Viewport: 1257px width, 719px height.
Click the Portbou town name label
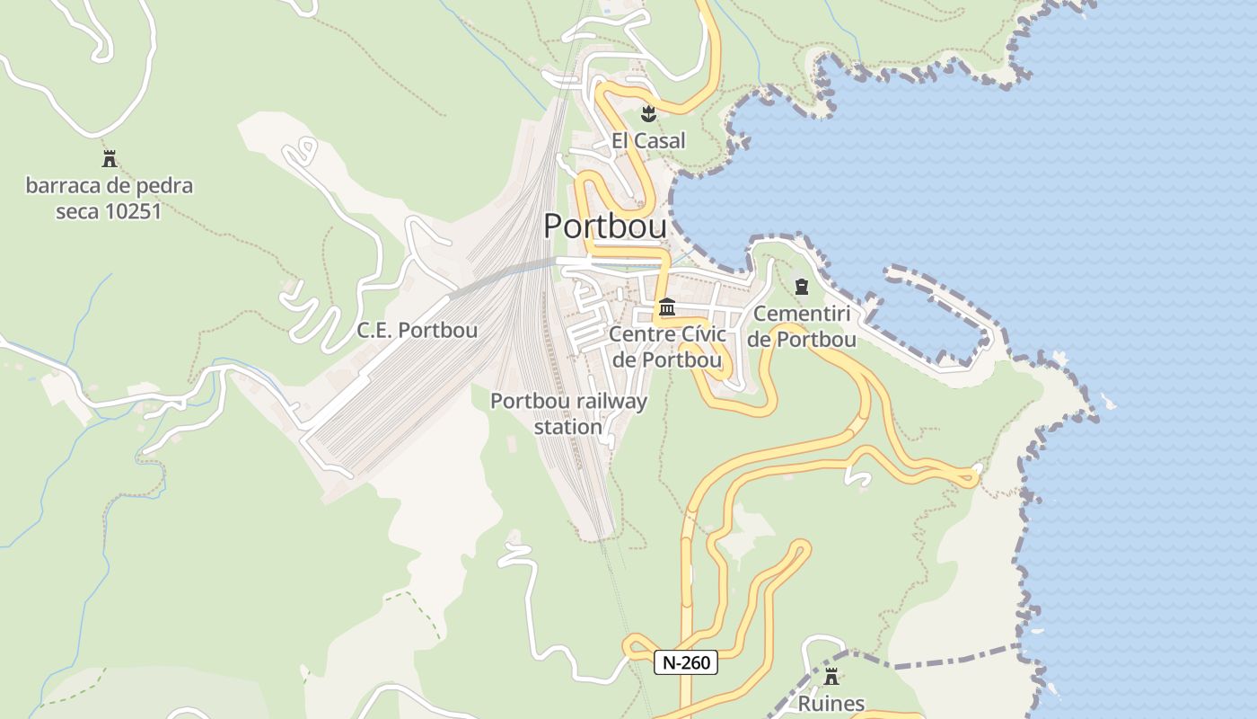(605, 226)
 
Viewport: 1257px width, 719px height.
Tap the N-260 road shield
(686, 663)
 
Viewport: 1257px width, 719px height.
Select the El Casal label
(648, 141)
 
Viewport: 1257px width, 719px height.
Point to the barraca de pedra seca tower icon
(110, 160)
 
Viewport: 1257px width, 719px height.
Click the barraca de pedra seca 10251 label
(109, 199)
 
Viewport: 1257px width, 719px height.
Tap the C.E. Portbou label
(418, 330)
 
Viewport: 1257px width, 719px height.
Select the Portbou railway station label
(568, 413)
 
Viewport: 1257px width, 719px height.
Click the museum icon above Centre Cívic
(666, 307)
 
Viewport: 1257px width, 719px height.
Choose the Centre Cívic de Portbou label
(666, 347)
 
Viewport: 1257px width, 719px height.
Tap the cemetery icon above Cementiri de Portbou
(802, 287)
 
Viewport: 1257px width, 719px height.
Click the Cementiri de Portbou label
(802, 326)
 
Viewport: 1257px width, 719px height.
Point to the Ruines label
(831, 704)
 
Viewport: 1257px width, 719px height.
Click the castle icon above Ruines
(831, 677)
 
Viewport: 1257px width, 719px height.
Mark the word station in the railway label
(568, 427)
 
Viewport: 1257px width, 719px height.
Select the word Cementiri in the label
(802, 314)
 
